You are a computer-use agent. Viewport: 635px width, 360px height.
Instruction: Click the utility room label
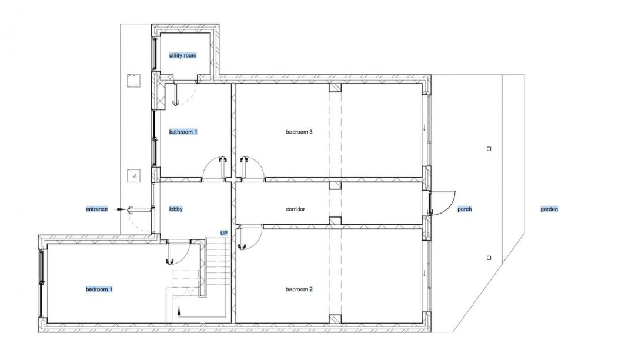[x=183, y=55]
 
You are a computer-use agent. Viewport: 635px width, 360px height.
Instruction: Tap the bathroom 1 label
[x=183, y=132]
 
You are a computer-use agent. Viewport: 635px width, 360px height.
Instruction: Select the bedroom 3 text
[x=299, y=132]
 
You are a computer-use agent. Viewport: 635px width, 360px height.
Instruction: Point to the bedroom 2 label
[x=299, y=289]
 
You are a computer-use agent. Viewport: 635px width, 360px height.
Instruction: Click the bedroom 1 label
[x=99, y=289]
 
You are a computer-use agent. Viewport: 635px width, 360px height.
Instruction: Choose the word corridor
[x=295, y=209]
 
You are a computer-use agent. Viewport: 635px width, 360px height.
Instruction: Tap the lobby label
[x=176, y=209]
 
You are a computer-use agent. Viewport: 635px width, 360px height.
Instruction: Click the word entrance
[x=97, y=209]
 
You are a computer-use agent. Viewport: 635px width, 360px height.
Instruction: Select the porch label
[x=464, y=209]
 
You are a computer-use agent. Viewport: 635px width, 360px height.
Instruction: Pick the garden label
[x=549, y=209]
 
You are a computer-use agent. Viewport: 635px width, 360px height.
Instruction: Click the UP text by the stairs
[x=223, y=233]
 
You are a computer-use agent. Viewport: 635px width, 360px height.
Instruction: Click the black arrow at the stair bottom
[x=178, y=311]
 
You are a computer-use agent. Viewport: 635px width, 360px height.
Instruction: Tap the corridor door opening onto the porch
[x=442, y=202]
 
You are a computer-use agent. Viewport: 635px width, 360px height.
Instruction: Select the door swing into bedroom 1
[x=178, y=252]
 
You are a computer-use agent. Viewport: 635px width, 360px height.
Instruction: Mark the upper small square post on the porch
[x=489, y=149]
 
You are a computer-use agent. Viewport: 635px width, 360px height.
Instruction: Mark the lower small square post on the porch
[x=489, y=258]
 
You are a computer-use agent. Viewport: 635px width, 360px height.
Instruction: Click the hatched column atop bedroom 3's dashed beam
[x=335, y=88]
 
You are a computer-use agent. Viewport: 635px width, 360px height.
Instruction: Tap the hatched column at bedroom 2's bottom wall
[x=335, y=319]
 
